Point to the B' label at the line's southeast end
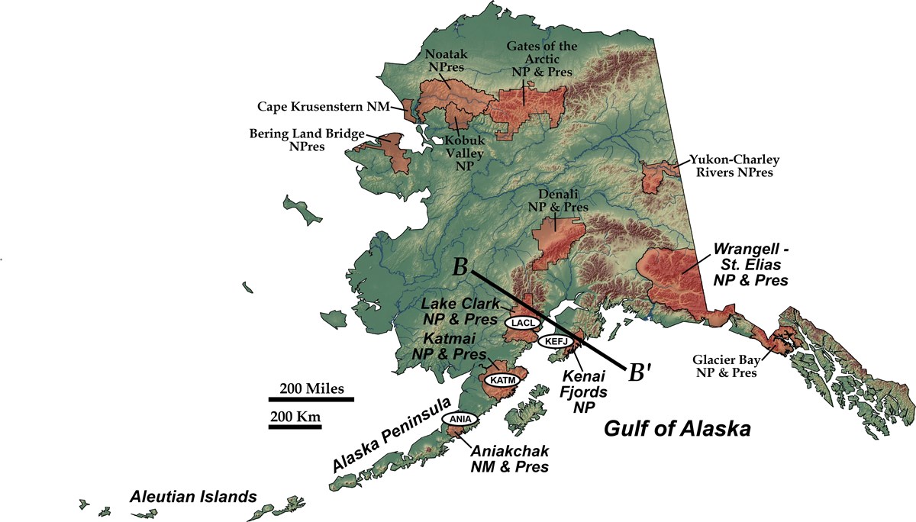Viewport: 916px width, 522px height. click(x=640, y=372)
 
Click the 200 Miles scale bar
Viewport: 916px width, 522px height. click(x=311, y=398)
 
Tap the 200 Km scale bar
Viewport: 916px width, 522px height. click(x=294, y=427)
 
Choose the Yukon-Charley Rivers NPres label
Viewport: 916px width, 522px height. click(x=732, y=166)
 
